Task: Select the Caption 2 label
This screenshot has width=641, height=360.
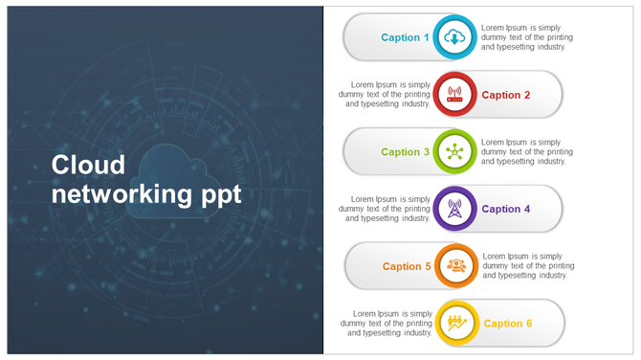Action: tap(505, 95)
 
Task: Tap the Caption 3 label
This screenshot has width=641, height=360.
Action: tap(400, 152)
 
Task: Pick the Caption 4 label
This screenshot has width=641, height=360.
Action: tap(505, 209)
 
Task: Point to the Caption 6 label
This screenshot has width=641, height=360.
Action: tap(507, 324)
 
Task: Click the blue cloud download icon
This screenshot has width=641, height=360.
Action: tap(454, 37)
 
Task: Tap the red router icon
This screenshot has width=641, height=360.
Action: tap(454, 95)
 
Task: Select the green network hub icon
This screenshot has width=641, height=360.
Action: tap(454, 152)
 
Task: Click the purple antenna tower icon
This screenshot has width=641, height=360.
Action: tap(454, 209)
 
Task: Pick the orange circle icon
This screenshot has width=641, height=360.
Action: tap(456, 266)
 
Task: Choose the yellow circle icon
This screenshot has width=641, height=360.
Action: tap(456, 324)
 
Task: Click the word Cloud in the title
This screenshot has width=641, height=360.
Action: tap(88, 165)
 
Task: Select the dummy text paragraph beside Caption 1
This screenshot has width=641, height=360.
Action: tap(526, 37)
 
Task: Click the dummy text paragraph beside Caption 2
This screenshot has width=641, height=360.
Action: tap(385, 95)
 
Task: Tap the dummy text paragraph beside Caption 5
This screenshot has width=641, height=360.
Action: tap(528, 266)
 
